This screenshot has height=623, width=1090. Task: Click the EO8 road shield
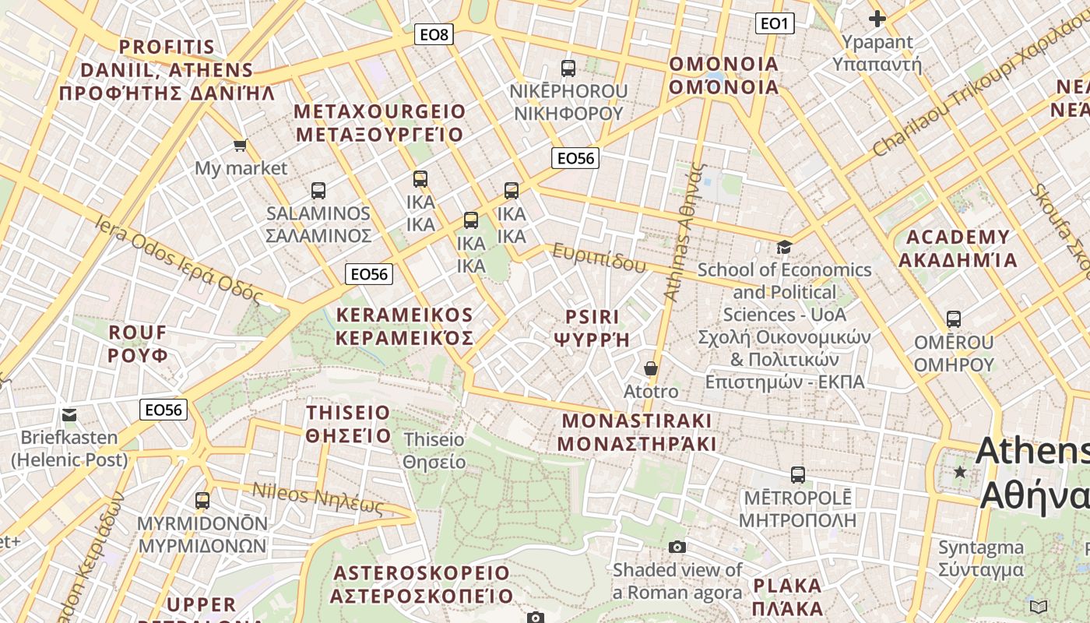tap(434, 34)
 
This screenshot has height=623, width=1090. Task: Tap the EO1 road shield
tap(775, 23)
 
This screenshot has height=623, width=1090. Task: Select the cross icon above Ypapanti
tap(877, 19)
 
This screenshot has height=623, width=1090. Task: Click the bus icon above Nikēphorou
tap(568, 68)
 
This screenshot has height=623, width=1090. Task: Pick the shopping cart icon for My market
tap(241, 145)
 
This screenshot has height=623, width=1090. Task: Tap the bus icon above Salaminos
tap(318, 190)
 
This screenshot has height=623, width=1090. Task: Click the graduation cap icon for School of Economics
tap(784, 247)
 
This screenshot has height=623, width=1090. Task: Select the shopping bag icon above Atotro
tap(651, 368)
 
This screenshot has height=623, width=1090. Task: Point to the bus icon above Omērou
tap(954, 319)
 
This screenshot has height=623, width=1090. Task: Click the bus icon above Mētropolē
tap(798, 474)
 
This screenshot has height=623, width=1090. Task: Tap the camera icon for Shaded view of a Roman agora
tap(677, 547)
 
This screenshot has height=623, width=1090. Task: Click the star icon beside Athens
tap(961, 472)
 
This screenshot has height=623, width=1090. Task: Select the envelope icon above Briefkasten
tap(69, 414)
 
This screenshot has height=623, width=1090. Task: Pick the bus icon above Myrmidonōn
tap(202, 500)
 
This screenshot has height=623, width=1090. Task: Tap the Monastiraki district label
tap(637, 432)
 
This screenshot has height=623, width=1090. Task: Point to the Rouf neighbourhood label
tap(138, 343)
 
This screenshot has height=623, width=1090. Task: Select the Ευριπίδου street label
tap(599, 258)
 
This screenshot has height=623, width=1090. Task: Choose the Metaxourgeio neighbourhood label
tap(379, 122)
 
